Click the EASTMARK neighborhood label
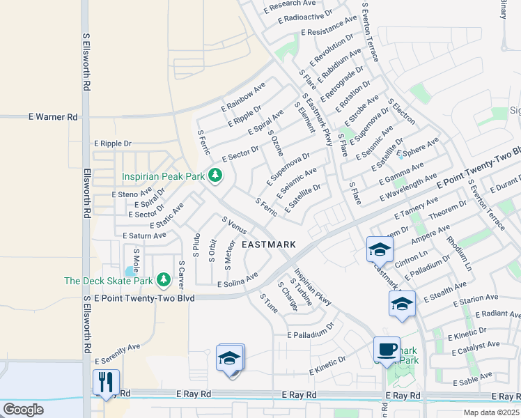click(x=269, y=245)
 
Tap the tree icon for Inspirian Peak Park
click(x=215, y=175)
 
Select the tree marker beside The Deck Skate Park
click(x=164, y=280)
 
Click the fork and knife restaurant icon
click(x=107, y=382)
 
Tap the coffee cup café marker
click(x=387, y=349)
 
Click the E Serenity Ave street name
click(x=117, y=354)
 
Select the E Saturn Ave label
click(x=144, y=235)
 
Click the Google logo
click(x=24, y=410)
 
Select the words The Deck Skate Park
click(x=108, y=281)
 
